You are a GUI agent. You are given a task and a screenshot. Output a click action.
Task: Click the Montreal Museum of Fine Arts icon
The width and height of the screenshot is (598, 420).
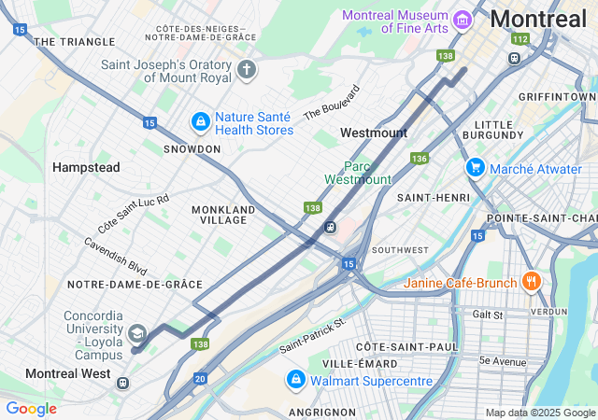click(461, 20)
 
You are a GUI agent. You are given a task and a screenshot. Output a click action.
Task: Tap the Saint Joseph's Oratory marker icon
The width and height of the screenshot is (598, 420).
click(247, 70)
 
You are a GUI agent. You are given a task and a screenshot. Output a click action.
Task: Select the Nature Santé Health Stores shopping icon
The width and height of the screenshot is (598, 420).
click(200, 121)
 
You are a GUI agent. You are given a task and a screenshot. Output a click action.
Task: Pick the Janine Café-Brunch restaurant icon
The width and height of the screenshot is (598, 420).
click(531, 280)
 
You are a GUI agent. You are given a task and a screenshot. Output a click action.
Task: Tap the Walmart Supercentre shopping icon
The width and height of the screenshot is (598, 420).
click(295, 380)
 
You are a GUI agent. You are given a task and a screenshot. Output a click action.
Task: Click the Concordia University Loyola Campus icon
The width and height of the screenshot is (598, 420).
click(136, 333)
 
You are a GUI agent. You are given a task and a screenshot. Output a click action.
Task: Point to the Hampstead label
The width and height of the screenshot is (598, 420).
click(86, 167)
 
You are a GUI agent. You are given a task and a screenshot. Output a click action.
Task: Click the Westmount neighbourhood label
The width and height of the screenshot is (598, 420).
click(373, 133)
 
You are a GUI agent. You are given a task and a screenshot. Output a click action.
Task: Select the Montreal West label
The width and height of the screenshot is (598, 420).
click(67, 373)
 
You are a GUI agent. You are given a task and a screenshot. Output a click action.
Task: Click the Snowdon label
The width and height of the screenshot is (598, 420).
click(191, 148)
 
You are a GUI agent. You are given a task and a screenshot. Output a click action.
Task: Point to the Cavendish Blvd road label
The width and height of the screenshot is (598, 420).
click(116, 255)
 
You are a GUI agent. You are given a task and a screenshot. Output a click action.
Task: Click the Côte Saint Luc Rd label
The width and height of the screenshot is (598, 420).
click(134, 214)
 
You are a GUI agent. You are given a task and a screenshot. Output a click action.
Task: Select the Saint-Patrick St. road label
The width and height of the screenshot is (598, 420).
click(312, 336)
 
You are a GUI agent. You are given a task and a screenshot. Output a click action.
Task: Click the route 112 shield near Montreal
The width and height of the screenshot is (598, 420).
click(520, 39)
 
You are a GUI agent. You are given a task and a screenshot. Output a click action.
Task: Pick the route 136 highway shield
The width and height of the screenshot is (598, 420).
click(420, 159)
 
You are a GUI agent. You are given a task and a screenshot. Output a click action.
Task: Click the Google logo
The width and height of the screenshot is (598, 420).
click(31, 409)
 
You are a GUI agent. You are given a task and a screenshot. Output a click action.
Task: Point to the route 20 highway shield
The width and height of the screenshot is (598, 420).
click(200, 378)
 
